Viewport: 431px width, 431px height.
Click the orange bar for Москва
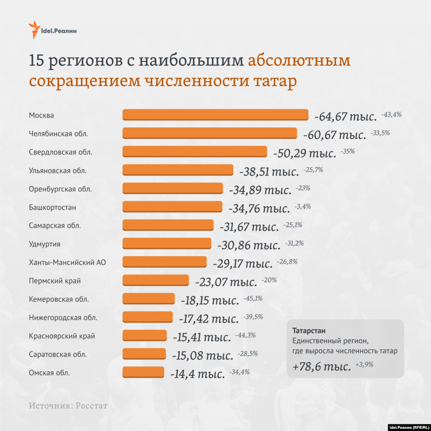point(215,115)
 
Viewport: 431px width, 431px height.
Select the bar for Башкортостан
point(172,207)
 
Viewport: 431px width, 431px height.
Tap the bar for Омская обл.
point(143,372)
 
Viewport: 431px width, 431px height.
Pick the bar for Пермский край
point(155,280)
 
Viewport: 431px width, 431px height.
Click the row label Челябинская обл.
point(59,134)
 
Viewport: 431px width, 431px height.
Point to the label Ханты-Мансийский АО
point(67,262)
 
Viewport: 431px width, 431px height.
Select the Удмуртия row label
point(45,244)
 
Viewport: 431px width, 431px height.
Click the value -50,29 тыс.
point(304,153)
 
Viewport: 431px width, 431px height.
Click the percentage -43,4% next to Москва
point(391,114)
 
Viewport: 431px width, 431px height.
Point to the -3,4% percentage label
point(302,206)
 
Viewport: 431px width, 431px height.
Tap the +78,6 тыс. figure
point(322,367)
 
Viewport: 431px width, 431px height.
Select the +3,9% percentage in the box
point(364,365)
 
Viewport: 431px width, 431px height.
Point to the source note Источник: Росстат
point(68,406)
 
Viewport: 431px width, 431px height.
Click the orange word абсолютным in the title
point(299,61)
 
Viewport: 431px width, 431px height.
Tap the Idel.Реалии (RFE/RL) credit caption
point(409,426)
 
